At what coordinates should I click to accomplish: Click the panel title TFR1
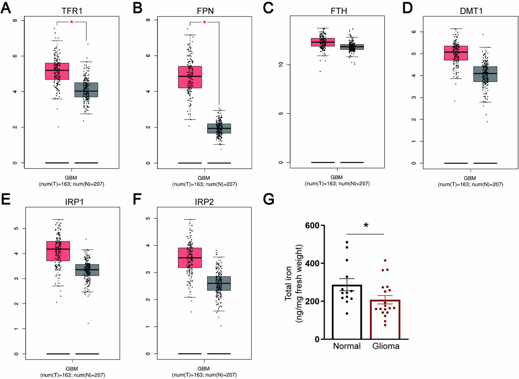pos(72,11)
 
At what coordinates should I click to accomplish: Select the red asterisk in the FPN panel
pos(204,23)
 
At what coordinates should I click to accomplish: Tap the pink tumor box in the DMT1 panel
pos(456,53)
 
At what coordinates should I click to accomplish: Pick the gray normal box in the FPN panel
pos(219,128)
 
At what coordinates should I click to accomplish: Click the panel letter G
pos(269,199)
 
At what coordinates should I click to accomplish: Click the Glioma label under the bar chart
pos(386,346)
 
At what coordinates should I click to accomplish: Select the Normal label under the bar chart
pos(347,346)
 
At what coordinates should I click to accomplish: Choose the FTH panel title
pos(339,11)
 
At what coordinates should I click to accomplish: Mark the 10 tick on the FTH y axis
pos(281,64)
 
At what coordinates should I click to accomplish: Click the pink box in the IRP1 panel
pos(58,251)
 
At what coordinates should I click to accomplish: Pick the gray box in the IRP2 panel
pos(219,283)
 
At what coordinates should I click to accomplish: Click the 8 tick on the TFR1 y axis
pos(15,20)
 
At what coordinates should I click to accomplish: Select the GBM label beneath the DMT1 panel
pos(470,178)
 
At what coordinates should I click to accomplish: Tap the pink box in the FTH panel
pos(323,42)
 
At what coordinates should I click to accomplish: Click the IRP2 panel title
pos(204,202)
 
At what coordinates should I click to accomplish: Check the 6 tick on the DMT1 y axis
pos(414,32)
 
